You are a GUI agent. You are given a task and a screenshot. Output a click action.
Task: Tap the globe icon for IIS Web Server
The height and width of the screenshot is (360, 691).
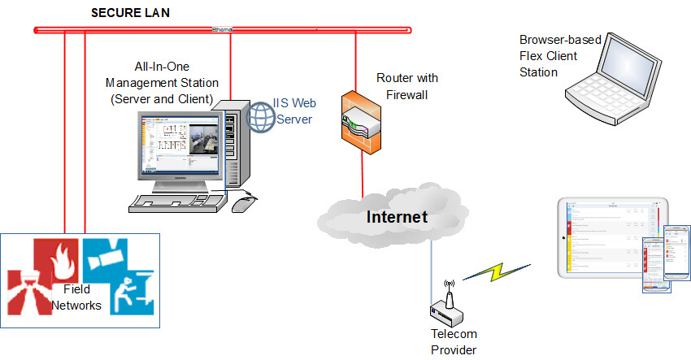pyautogui.click(x=263, y=116)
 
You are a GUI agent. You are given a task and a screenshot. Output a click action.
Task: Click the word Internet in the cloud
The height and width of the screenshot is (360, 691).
pyautogui.click(x=397, y=217)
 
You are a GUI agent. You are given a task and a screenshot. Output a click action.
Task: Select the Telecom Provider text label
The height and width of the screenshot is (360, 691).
pyautogui.click(x=454, y=342)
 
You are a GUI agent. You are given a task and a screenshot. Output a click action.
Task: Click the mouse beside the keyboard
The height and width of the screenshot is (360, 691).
pyautogui.click(x=245, y=202)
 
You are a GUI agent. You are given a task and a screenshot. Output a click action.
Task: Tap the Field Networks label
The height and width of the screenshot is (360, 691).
pyautogui.click(x=79, y=297)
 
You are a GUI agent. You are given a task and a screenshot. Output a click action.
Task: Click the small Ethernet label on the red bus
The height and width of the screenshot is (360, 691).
pyautogui.click(x=222, y=30)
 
